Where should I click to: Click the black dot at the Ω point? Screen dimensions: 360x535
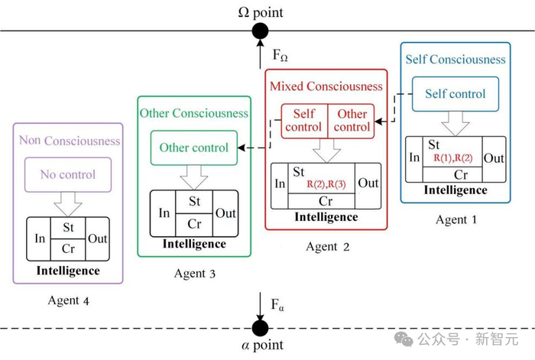tap(261, 31)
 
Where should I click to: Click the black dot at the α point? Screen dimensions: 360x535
tap(261, 328)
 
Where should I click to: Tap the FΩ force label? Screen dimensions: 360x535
tap(281, 54)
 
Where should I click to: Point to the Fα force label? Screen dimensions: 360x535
tap(278, 305)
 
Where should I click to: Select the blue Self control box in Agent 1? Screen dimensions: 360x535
tap(456, 94)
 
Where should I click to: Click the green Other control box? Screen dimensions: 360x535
tap(194, 148)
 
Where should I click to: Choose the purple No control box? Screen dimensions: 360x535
tap(68, 174)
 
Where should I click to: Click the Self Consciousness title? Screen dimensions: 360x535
tap(456, 59)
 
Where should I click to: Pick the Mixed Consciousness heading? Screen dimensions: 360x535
tap(326, 86)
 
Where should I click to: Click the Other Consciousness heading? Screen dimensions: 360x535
tap(194, 113)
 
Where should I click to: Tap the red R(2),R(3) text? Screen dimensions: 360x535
tap(326, 184)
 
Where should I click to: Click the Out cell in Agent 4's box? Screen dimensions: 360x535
tap(97, 238)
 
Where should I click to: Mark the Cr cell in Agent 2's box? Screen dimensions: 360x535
tap(326, 200)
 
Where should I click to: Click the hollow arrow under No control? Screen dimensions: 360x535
tap(68, 203)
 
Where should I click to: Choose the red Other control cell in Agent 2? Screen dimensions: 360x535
tap(352, 121)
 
